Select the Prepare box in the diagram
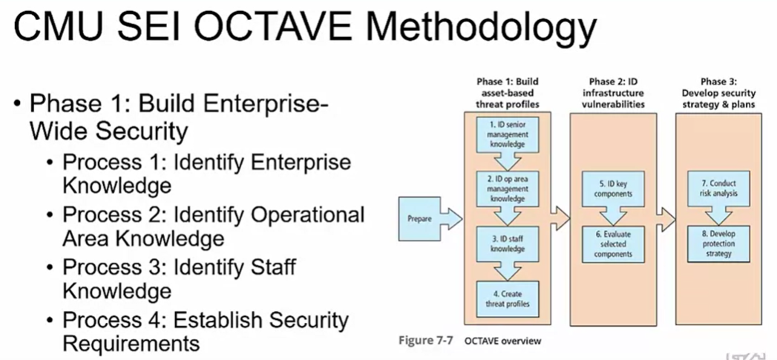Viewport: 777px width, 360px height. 419,219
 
